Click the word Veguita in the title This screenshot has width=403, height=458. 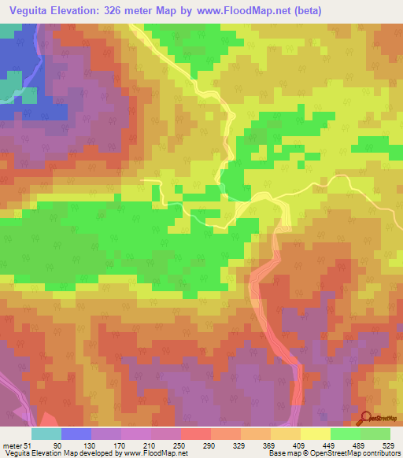(30, 9)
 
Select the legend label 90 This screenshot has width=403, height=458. (56, 444)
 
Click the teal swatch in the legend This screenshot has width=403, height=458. (46, 434)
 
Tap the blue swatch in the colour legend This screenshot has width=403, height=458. (76, 434)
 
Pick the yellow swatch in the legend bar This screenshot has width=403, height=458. (315, 434)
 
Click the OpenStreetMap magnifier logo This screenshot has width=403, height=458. (368, 419)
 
